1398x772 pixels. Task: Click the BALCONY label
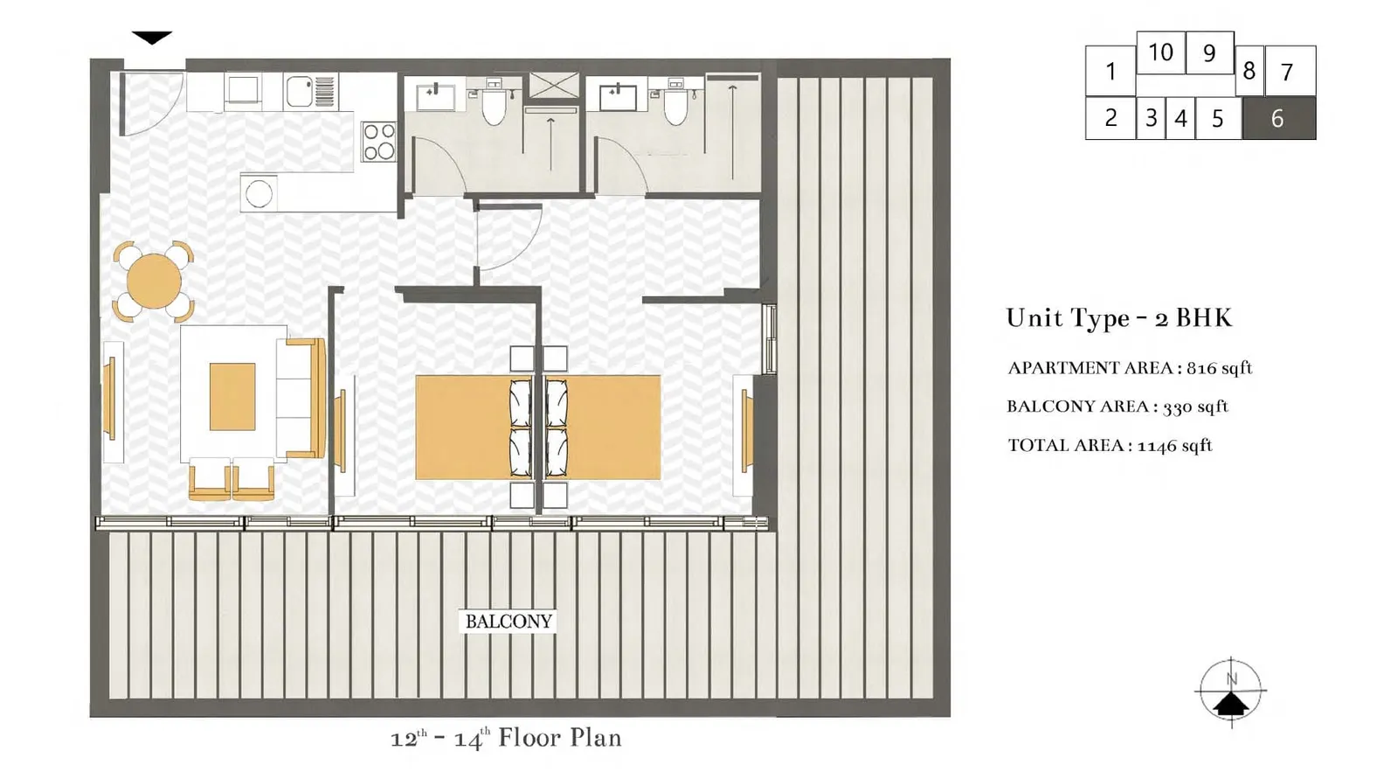[508, 622]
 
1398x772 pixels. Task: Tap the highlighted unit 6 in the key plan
[1279, 118]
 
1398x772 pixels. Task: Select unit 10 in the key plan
[1161, 52]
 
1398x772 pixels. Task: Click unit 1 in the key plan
[1111, 71]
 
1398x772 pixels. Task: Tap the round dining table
[154, 281]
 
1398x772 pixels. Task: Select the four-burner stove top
[379, 142]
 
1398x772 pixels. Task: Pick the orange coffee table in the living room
[232, 397]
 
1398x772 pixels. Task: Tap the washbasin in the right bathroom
[618, 97]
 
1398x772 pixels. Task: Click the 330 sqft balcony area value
[1195, 407]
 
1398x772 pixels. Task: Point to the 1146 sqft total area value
[1174, 445]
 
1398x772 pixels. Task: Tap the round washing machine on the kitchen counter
[259, 193]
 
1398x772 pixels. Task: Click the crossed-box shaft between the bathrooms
[554, 86]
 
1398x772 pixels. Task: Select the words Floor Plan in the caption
[560, 738]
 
